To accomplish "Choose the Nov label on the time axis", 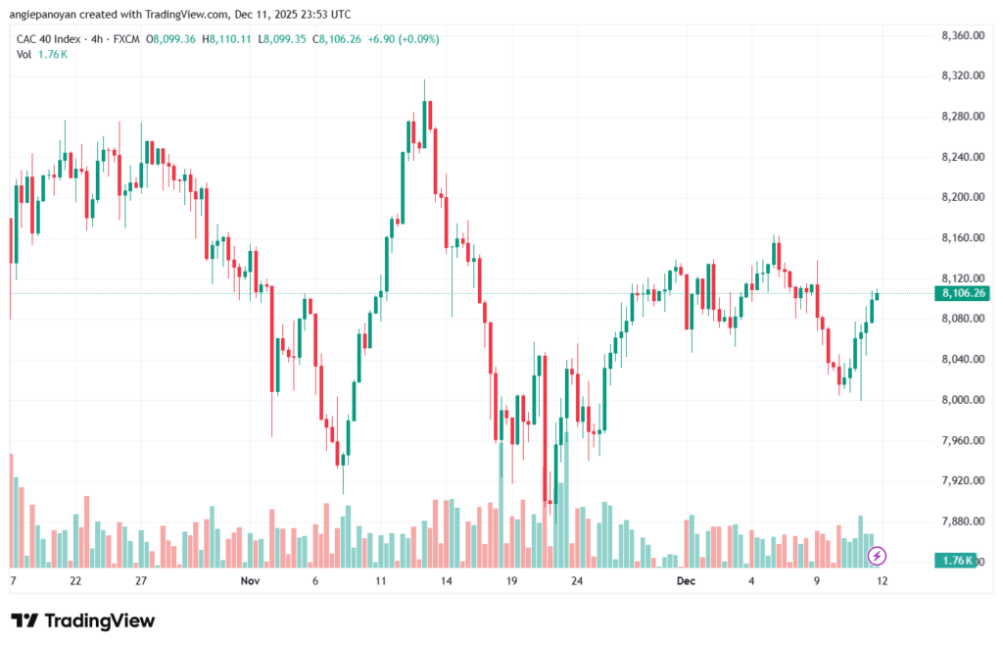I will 249,581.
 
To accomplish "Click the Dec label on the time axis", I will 686,581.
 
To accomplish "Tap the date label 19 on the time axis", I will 511,581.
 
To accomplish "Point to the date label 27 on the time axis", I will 141,581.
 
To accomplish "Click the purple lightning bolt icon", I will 878,556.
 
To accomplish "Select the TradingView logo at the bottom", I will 83,621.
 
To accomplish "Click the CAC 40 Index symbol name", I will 49,39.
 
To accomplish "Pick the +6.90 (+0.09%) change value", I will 406,39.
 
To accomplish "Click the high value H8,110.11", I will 226,39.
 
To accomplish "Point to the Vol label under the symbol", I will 24,54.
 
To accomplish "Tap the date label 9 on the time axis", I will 816,581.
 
